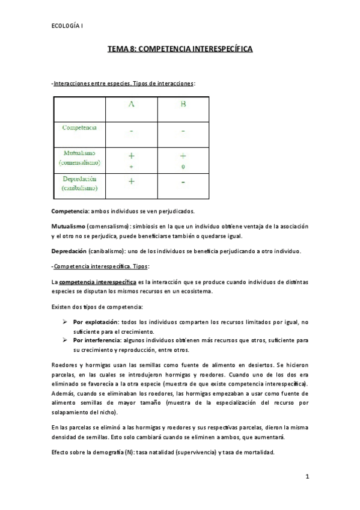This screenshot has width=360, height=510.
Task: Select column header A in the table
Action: (132, 104)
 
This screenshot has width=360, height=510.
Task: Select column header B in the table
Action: (183, 104)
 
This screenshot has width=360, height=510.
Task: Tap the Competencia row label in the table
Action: (80, 128)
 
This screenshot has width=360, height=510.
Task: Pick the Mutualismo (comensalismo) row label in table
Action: (80, 158)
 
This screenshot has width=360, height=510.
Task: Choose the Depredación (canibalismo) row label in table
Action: (80, 184)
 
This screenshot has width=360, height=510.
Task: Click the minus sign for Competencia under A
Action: (132, 131)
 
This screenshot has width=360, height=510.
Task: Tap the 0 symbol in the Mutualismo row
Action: (183, 166)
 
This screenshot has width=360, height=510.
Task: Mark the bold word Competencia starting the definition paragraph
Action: (70, 211)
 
